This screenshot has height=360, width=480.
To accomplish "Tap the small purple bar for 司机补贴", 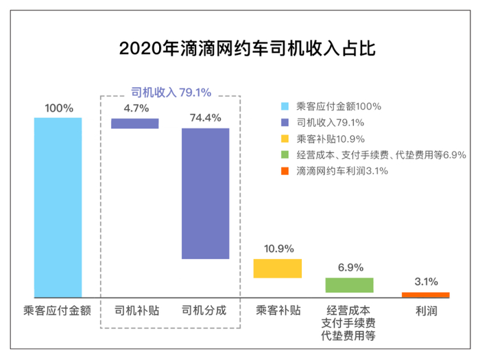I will [x=135, y=123].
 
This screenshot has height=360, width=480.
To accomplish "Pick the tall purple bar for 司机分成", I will [x=205, y=193].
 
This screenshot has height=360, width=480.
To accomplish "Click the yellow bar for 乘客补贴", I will [x=278, y=268].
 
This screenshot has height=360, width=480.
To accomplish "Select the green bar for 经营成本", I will [x=349, y=285].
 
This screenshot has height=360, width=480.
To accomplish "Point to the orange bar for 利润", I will [x=425, y=295].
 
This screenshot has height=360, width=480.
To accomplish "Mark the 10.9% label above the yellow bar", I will [x=278, y=248].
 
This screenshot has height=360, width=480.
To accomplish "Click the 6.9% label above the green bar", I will [x=350, y=267].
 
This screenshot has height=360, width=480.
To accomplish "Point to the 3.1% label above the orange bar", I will [x=425, y=282].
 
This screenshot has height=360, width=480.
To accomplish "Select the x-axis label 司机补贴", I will [x=136, y=311].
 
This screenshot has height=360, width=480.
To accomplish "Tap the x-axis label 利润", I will [x=425, y=311].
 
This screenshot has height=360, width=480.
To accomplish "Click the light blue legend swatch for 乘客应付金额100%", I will [x=285, y=107].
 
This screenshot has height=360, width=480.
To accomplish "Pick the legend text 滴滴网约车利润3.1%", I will [x=342, y=171].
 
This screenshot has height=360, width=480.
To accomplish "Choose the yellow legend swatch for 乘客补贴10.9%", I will [x=285, y=139].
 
